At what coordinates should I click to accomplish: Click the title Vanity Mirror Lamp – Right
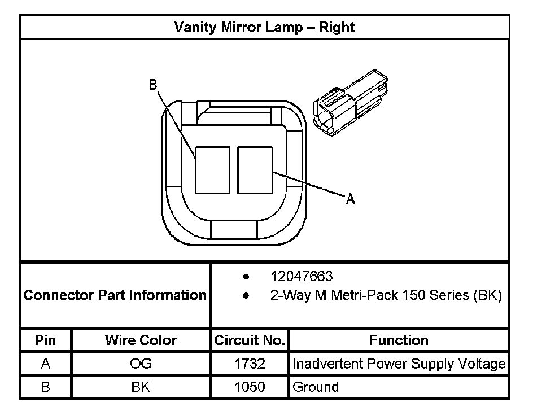click(264, 27)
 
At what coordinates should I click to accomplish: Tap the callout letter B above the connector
click(152, 85)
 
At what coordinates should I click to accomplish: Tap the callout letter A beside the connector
click(351, 199)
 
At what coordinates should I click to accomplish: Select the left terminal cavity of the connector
click(212, 169)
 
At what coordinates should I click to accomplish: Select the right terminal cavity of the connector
click(255, 169)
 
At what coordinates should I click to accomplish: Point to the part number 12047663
click(302, 277)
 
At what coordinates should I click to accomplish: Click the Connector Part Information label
click(115, 295)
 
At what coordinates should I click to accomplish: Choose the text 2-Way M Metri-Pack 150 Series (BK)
click(386, 295)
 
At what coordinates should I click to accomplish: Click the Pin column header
click(46, 340)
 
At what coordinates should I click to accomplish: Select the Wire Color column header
click(141, 340)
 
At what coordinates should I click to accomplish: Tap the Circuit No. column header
click(250, 340)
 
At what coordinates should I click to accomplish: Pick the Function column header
click(399, 340)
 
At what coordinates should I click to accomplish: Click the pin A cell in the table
click(46, 364)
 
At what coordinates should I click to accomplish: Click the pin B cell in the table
click(46, 387)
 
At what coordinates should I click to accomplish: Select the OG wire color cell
click(141, 364)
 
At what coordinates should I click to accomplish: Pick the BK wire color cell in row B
click(141, 387)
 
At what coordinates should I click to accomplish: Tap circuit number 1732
click(250, 364)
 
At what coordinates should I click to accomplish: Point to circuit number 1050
click(250, 387)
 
